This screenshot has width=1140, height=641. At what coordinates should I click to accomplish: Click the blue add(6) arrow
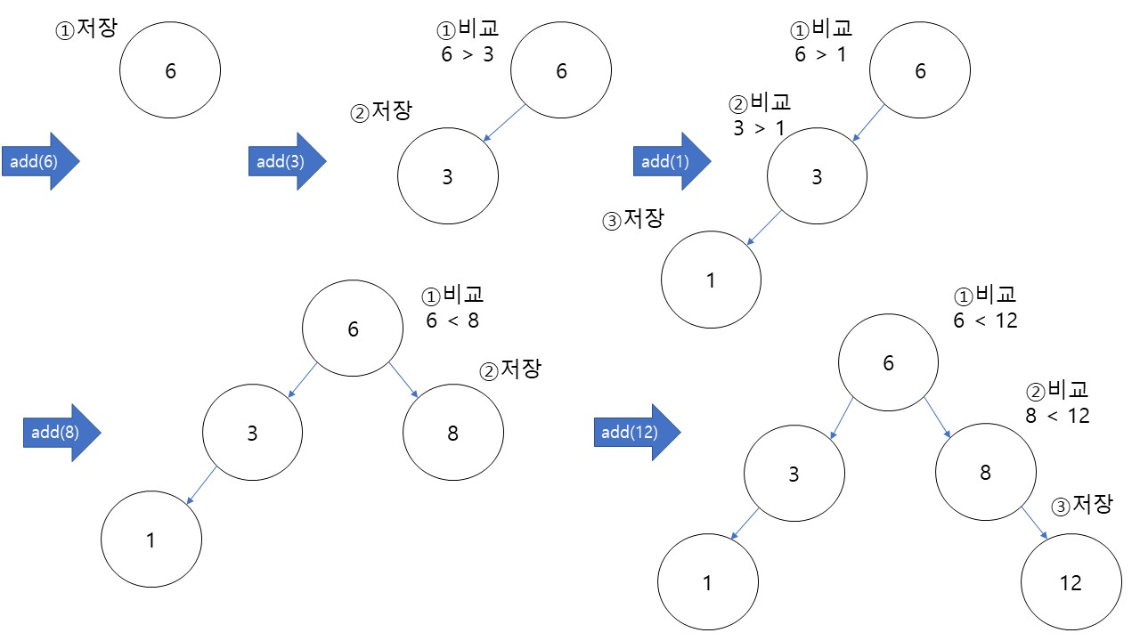point(40,161)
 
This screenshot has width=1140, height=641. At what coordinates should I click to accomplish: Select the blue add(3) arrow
point(287,161)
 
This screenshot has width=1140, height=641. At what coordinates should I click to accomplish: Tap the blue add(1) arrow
point(672,161)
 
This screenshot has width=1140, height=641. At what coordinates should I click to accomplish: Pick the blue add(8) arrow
point(61,433)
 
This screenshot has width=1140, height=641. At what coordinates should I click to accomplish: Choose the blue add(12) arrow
point(636,433)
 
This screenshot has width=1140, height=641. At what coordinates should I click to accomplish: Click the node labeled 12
point(1071,582)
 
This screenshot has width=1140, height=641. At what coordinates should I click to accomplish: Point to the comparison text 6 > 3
point(468,53)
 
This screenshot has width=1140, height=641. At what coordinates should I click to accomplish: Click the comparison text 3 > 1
point(759,127)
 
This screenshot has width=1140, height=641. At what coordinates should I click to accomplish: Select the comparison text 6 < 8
point(452,320)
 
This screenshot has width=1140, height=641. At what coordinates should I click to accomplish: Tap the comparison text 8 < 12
point(1057,415)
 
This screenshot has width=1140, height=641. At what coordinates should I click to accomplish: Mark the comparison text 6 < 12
point(984,320)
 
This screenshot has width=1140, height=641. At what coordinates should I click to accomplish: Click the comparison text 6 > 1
point(820,53)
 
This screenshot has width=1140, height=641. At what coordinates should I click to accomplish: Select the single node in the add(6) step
point(170,71)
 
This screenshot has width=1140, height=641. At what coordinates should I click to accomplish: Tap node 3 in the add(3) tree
point(448,176)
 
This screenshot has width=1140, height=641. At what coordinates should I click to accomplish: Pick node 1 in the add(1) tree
point(711,280)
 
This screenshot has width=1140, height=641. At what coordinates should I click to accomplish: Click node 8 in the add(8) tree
point(452,434)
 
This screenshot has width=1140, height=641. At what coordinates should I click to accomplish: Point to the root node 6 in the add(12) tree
point(888,362)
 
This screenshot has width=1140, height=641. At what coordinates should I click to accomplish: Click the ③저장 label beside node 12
point(1083,505)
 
